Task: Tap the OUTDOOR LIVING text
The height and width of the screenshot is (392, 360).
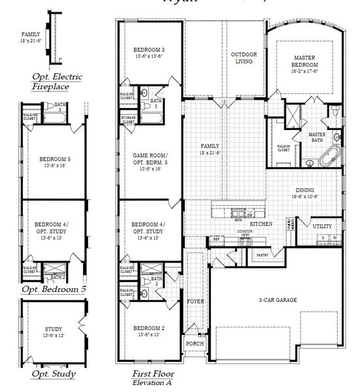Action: coord(246,57)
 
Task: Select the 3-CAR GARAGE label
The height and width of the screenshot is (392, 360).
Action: coord(278,299)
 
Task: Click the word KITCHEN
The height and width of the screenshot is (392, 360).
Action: coord(261,223)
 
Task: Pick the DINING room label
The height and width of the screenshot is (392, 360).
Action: coord(306,190)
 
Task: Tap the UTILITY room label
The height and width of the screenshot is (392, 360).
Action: coord(322,226)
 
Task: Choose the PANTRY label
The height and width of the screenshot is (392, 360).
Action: coord(263,255)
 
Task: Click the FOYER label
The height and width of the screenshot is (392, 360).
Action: coord(195,302)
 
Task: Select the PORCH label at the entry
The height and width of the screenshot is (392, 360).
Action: coord(194,344)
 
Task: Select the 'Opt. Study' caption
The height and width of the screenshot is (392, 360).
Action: coord(53,374)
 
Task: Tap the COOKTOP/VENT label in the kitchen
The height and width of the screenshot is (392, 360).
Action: coord(244,233)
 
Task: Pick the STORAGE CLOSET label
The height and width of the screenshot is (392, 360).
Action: coord(128,120)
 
